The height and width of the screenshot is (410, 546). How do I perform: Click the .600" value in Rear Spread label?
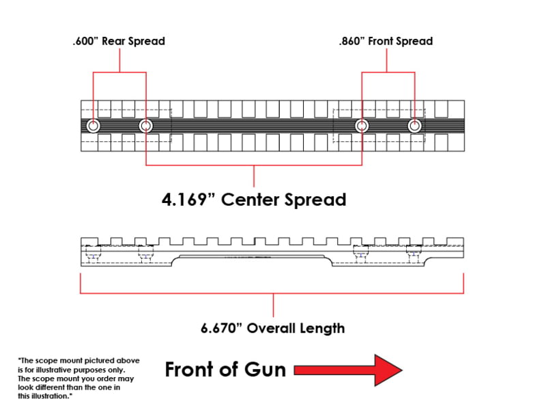pos(83,41)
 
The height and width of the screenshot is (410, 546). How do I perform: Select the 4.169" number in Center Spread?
pos(190,200)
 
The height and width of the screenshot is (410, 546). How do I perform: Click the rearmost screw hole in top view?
pos(93,126)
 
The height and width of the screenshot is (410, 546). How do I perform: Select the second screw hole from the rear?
pos(146,126)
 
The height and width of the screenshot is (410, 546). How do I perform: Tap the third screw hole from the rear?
pos(362,126)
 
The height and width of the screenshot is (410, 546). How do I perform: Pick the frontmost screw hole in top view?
pos(415,126)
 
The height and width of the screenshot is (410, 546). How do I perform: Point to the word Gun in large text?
pos(265,370)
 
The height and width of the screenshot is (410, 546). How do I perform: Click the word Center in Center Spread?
pos(250,200)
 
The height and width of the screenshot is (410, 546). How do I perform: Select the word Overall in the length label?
pos(270,329)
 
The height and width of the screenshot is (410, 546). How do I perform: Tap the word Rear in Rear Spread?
pos(113,41)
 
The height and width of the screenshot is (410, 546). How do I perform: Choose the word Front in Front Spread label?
pos(380,41)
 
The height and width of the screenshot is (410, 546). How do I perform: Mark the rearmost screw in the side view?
pos(93,253)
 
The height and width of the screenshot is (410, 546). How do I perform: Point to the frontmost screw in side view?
pos(414,253)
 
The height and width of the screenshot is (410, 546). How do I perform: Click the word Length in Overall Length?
pos(321,329)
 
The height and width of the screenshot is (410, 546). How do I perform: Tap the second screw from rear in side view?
pos(146,253)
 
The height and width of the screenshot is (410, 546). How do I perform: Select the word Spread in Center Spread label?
pos(315,200)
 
